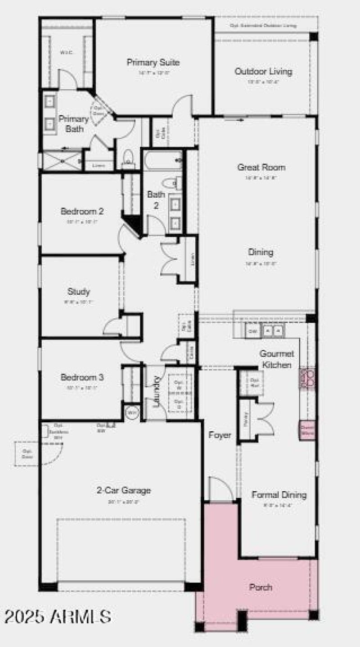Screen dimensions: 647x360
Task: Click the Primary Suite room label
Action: (153, 63)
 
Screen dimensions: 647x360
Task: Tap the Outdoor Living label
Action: (263, 72)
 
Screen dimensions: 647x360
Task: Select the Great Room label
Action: (261, 167)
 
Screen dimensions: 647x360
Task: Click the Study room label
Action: (79, 292)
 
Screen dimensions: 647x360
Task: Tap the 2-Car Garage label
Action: (123, 490)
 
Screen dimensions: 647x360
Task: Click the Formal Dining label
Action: (279, 495)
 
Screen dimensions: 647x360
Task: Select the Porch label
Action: (261, 587)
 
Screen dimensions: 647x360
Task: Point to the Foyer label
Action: (220, 435)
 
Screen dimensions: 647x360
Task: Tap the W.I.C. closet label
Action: (66, 52)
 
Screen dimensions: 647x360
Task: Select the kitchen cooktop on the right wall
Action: (308, 378)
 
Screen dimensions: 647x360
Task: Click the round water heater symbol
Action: (132, 412)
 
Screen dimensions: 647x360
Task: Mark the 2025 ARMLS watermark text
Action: (58, 617)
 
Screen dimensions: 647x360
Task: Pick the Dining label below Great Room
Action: (261, 252)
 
